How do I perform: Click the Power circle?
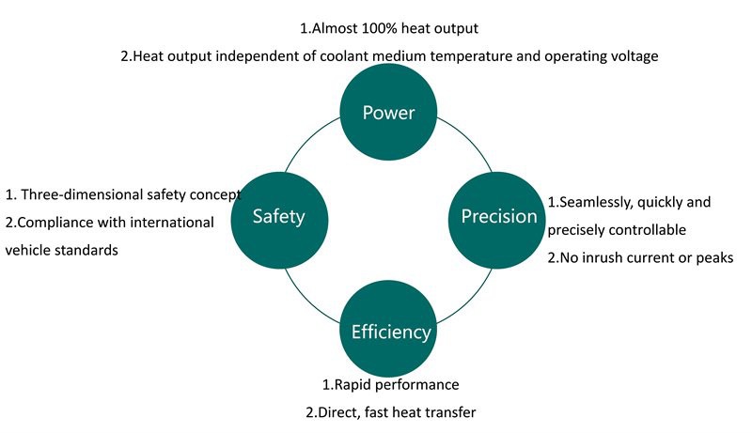388,114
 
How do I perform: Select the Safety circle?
278,217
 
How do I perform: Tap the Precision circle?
498,217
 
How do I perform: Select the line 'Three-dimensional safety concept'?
123,195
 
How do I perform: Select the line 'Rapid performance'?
390,385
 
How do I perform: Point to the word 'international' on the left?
175,223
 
